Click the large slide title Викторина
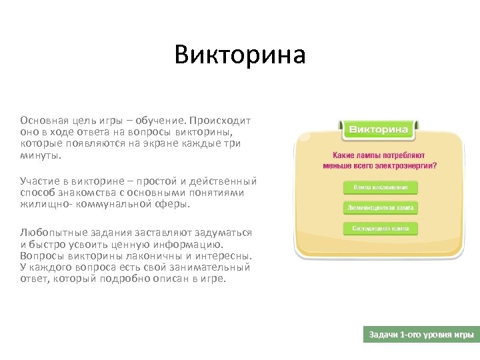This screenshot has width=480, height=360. pyautogui.click(x=240, y=55)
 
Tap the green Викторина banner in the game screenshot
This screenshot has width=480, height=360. pyautogui.click(x=379, y=129)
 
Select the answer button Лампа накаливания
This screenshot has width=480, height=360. pyautogui.click(x=381, y=187)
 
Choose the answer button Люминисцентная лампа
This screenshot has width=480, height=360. pyautogui.click(x=381, y=208)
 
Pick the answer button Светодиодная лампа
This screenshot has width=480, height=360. pyautogui.click(x=381, y=229)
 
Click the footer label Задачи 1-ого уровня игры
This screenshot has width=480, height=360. pyautogui.click(x=421, y=335)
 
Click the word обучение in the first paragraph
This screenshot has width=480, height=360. pyautogui.click(x=160, y=121)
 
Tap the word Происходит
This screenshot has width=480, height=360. pyautogui.click(x=220, y=121)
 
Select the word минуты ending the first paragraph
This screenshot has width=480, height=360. pyautogui.click(x=39, y=155)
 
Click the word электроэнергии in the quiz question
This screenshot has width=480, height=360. pyautogui.click(x=405, y=165)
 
